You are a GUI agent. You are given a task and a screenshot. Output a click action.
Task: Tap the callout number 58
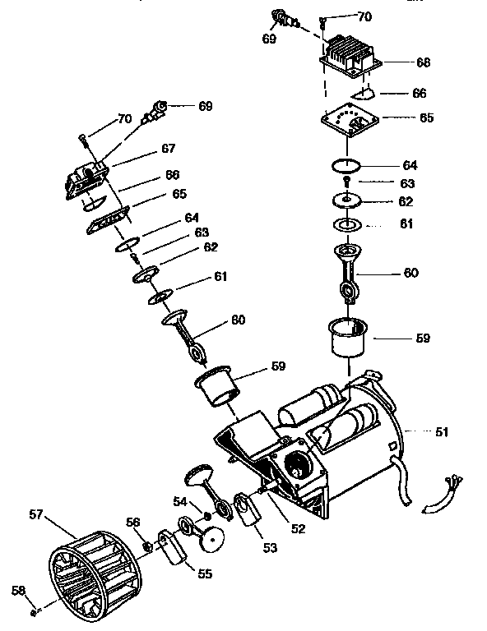pyautogui.click(x=17, y=590)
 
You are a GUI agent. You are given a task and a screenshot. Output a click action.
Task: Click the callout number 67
pyautogui.click(x=168, y=149)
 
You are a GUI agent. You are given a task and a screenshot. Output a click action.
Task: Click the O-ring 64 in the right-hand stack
pyautogui.click(x=347, y=165)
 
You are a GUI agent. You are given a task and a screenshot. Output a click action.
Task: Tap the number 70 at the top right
pyautogui.click(x=362, y=16)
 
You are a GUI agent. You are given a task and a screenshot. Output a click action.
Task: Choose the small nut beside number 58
pyautogui.click(x=33, y=611)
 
